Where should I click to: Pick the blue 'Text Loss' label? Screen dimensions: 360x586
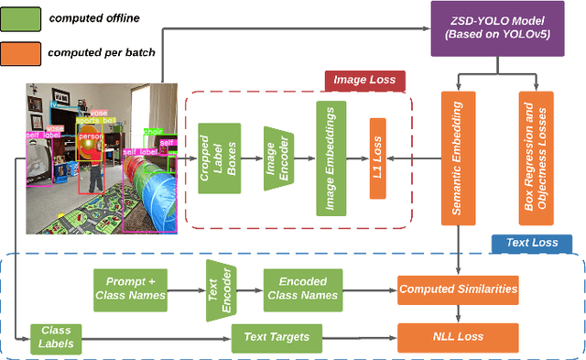[532, 244]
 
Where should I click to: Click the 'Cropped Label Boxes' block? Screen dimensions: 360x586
[220, 158]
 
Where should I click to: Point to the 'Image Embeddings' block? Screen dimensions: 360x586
[330, 158]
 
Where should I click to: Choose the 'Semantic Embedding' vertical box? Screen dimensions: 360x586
[457, 158]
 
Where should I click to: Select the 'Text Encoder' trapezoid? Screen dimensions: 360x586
[222, 288]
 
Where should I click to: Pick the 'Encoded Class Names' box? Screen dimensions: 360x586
[302, 288]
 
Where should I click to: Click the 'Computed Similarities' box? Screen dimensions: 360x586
[458, 288]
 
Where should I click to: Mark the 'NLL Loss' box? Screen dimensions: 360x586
[458, 337]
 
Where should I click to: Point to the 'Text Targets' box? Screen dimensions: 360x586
[277, 337]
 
